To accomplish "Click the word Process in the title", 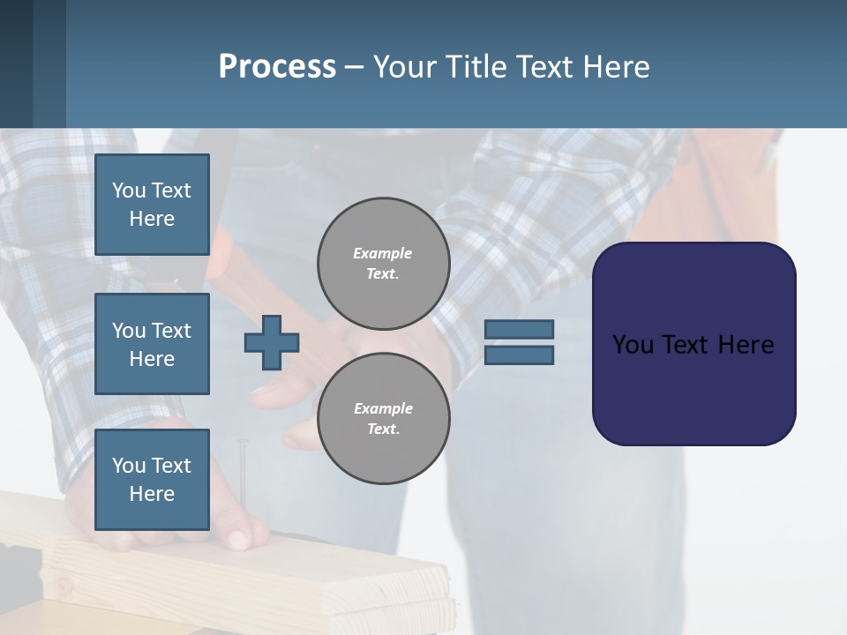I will point(277,67).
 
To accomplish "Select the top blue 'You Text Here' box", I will point(152,205).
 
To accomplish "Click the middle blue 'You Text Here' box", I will point(152,344).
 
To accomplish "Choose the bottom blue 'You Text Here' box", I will point(152,480).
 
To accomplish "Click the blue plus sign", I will point(272,342).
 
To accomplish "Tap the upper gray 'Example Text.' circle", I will point(384,264).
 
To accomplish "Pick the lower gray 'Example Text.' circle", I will point(384,419).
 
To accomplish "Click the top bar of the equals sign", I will point(520,329).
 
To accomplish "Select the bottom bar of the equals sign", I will point(520,355).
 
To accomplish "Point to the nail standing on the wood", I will point(243,476).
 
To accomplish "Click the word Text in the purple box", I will point(688,345).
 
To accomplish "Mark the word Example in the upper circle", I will point(383,253).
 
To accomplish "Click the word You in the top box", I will point(129,190).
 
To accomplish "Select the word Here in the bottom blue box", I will point(152,494).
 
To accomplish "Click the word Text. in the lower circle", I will point(384,430).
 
